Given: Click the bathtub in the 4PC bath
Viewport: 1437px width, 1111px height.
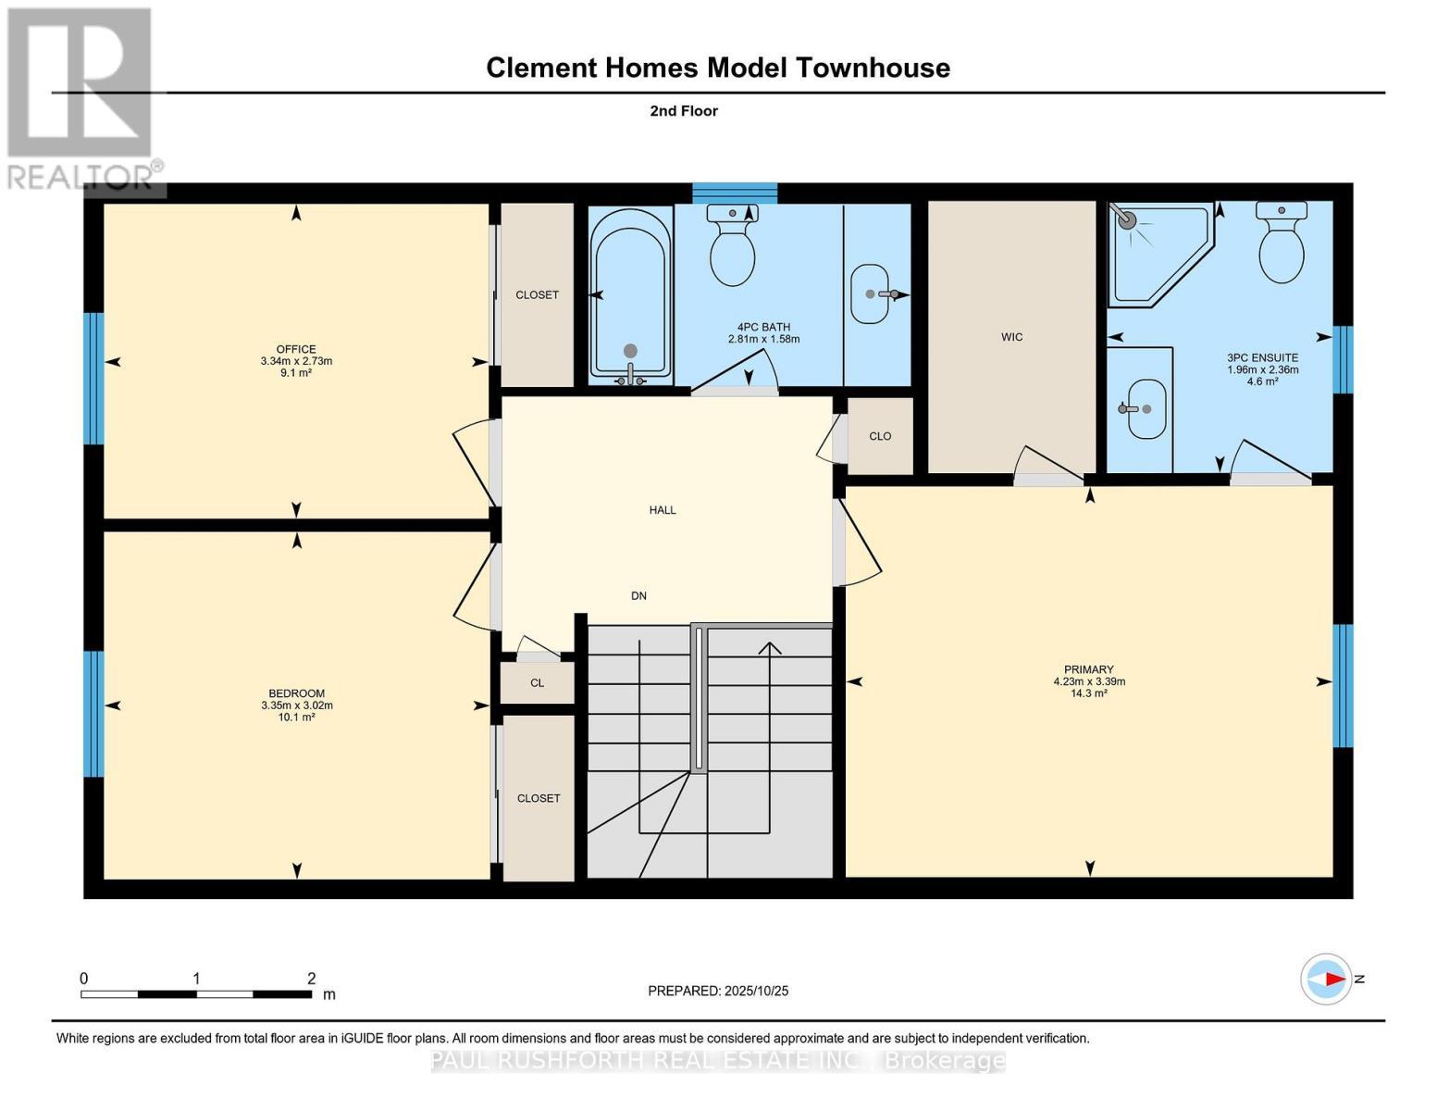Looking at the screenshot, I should tap(630, 294).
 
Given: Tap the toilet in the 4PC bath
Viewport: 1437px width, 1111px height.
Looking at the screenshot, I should tap(732, 246).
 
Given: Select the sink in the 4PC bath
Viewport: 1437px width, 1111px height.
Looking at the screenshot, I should tap(870, 293).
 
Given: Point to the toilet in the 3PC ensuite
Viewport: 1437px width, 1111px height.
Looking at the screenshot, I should tap(1282, 243).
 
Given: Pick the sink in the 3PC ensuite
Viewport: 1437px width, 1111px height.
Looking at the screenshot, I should tap(1146, 408).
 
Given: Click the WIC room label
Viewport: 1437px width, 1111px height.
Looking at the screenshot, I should tap(1011, 337).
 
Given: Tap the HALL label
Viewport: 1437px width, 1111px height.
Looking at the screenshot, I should tap(663, 510).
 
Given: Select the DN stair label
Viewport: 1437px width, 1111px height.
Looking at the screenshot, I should tap(638, 596).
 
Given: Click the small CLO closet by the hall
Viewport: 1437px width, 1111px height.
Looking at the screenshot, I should tap(880, 436).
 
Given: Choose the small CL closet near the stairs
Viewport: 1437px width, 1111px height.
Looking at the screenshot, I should tap(538, 683).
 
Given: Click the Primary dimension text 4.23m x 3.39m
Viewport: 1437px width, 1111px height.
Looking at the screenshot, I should tap(1089, 681).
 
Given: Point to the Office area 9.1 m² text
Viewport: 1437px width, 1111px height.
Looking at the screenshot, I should tap(296, 373).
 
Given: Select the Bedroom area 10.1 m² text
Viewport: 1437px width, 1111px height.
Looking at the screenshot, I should tap(297, 718).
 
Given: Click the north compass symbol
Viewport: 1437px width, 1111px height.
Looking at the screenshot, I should tap(1326, 979).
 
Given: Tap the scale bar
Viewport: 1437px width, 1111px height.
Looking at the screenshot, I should tap(196, 994).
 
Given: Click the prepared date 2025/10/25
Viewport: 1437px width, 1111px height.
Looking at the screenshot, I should tap(718, 991).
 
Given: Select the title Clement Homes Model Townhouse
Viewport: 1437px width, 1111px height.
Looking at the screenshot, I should tap(718, 68).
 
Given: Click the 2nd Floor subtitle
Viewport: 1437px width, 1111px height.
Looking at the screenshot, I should tap(684, 111).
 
